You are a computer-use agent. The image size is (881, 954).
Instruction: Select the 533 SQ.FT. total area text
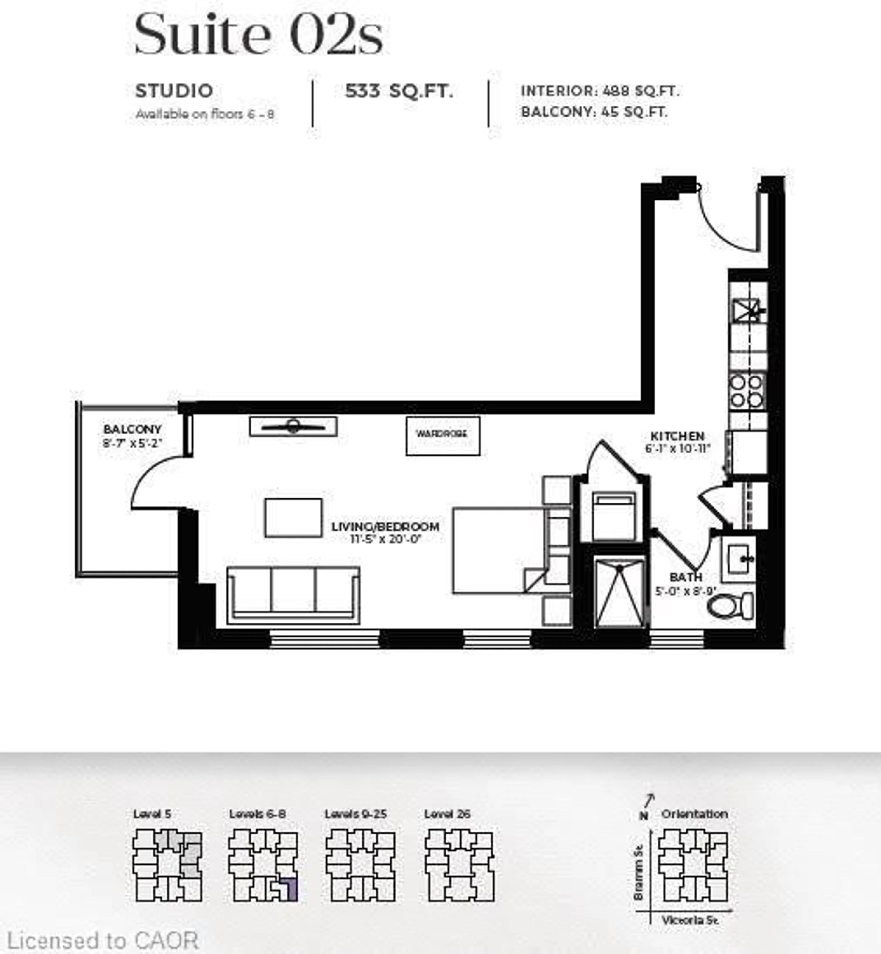coord(399,91)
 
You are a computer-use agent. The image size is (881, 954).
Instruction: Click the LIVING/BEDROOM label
coord(385,527)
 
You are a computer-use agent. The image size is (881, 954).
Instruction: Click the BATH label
coord(686,577)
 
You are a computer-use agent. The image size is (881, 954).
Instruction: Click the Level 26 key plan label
coord(447,813)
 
